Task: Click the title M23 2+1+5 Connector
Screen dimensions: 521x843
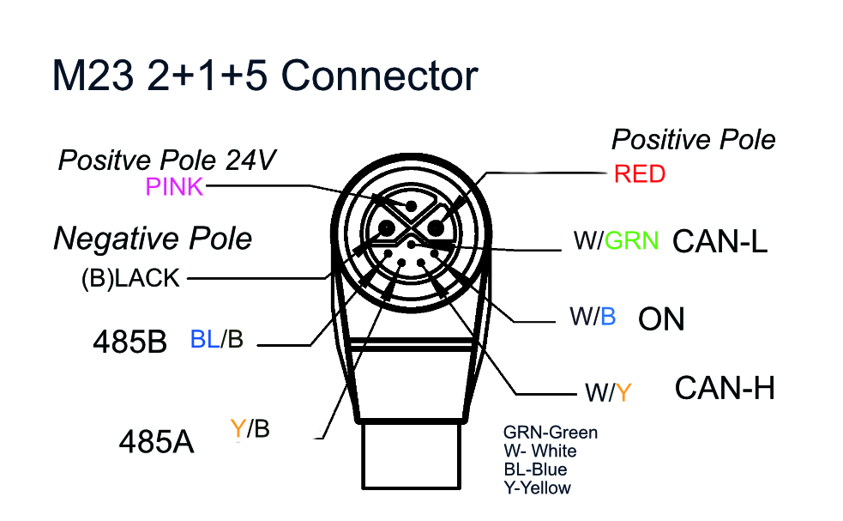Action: point(264,76)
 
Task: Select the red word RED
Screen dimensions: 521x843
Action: point(639,174)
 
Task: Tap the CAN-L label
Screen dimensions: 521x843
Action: point(720,243)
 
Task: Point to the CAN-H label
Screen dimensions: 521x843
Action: point(725,388)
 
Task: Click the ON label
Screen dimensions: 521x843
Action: point(661,319)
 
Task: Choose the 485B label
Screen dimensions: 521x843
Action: point(129,342)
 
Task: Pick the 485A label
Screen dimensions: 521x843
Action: point(155,442)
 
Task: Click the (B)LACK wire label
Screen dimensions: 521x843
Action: point(130,278)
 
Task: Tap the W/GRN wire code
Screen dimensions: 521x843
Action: point(616,242)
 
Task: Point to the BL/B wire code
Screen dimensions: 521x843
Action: point(217,340)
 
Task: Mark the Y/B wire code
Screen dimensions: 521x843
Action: point(250,428)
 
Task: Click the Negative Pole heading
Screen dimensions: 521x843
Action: point(153,239)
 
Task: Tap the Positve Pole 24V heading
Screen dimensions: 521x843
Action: point(166,160)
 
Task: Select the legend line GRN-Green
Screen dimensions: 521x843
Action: point(551,433)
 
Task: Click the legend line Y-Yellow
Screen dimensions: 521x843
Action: point(537,488)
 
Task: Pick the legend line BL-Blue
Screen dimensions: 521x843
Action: point(535,470)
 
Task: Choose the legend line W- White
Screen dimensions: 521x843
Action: point(540,451)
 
